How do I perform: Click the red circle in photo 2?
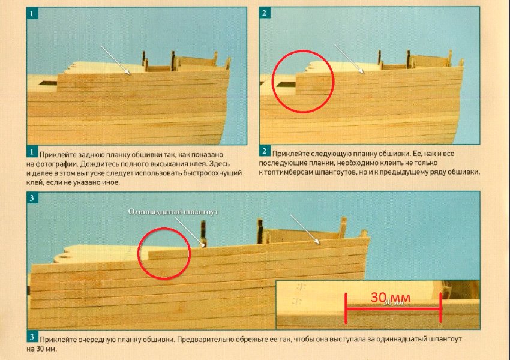tap(272, 82)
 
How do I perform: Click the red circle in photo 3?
tap(138, 253)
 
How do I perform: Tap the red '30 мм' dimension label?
tap(391, 297)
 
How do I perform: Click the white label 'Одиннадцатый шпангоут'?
tap(173, 212)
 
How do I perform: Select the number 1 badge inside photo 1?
tap(32, 14)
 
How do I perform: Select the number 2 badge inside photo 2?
tap(265, 13)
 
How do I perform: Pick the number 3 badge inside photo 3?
tap(32, 198)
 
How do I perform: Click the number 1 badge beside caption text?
tap(32, 152)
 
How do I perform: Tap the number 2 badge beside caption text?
tap(265, 151)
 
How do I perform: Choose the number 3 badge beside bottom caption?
tap(32, 337)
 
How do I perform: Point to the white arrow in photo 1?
tap(115, 60)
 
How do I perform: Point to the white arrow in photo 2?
tap(350, 59)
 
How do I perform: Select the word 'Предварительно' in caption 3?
tap(203, 339)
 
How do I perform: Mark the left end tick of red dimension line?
tap(346, 308)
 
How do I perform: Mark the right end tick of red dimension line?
tap(441, 307)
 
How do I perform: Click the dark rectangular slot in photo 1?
tap(49, 83)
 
